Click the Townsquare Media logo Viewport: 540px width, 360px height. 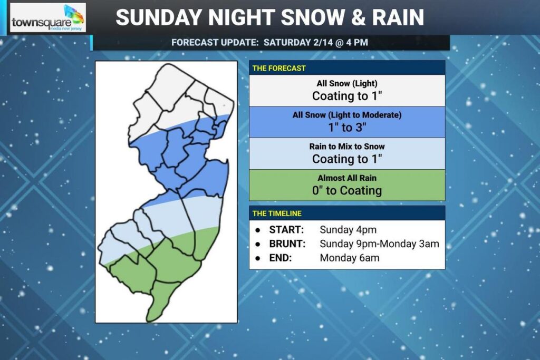click(x=47, y=18)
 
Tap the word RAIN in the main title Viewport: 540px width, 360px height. click(x=397, y=17)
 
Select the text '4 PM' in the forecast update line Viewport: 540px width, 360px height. click(x=353, y=42)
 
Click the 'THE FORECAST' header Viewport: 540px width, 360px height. click(x=279, y=68)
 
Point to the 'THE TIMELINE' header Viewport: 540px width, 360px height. click(x=277, y=213)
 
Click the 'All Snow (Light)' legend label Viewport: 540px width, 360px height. click(x=347, y=84)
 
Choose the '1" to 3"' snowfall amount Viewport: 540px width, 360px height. click(x=346, y=127)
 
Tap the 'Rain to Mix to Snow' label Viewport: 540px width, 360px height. click(x=347, y=146)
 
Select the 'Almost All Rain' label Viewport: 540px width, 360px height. click(x=347, y=178)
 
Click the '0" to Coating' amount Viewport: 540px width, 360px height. click(x=346, y=190)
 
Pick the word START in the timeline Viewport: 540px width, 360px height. click(x=286, y=230)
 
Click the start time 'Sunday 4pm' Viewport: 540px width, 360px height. click(x=348, y=230)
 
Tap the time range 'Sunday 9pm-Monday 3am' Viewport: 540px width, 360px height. click(x=379, y=244)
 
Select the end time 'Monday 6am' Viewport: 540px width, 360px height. click(x=349, y=258)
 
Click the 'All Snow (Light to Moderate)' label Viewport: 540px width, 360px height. click(x=347, y=115)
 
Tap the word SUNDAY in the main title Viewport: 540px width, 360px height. click(x=158, y=17)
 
